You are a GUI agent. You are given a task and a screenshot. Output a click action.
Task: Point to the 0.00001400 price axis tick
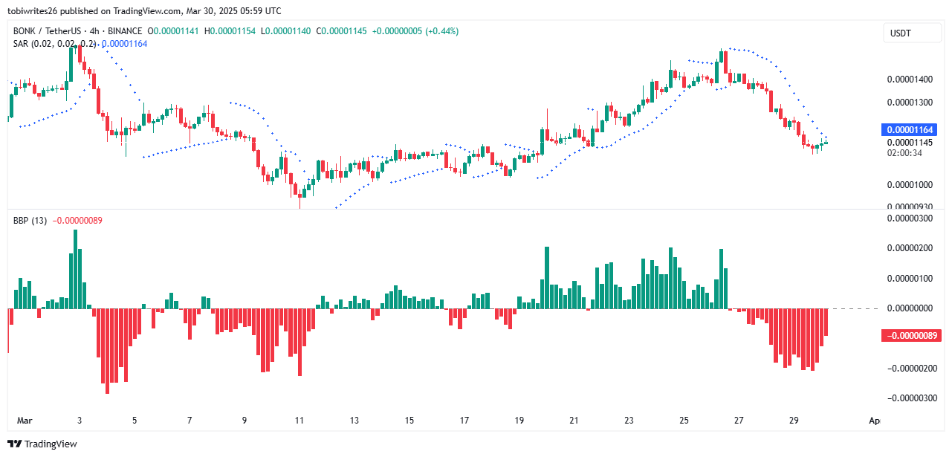click(x=911, y=79)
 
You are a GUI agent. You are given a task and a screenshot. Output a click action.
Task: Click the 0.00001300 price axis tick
click(x=911, y=102)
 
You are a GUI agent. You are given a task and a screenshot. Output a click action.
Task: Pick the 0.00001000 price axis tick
click(x=911, y=184)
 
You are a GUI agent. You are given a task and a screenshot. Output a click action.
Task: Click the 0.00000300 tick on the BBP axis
click(x=911, y=218)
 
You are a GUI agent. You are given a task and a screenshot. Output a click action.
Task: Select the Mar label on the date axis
click(x=25, y=421)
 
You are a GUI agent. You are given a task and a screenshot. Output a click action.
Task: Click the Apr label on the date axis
click(x=875, y=421)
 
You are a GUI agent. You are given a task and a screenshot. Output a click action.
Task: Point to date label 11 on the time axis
click(x=299, y=421)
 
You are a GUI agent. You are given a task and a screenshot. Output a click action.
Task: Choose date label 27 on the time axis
click(x=739, y=421)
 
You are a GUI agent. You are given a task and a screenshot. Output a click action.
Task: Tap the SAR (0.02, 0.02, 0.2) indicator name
click(x=54, y=44)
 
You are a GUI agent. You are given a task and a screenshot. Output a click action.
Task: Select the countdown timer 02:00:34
click(x=905, y=153)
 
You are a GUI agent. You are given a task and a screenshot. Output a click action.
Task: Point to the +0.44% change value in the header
click(x=441, y=31)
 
